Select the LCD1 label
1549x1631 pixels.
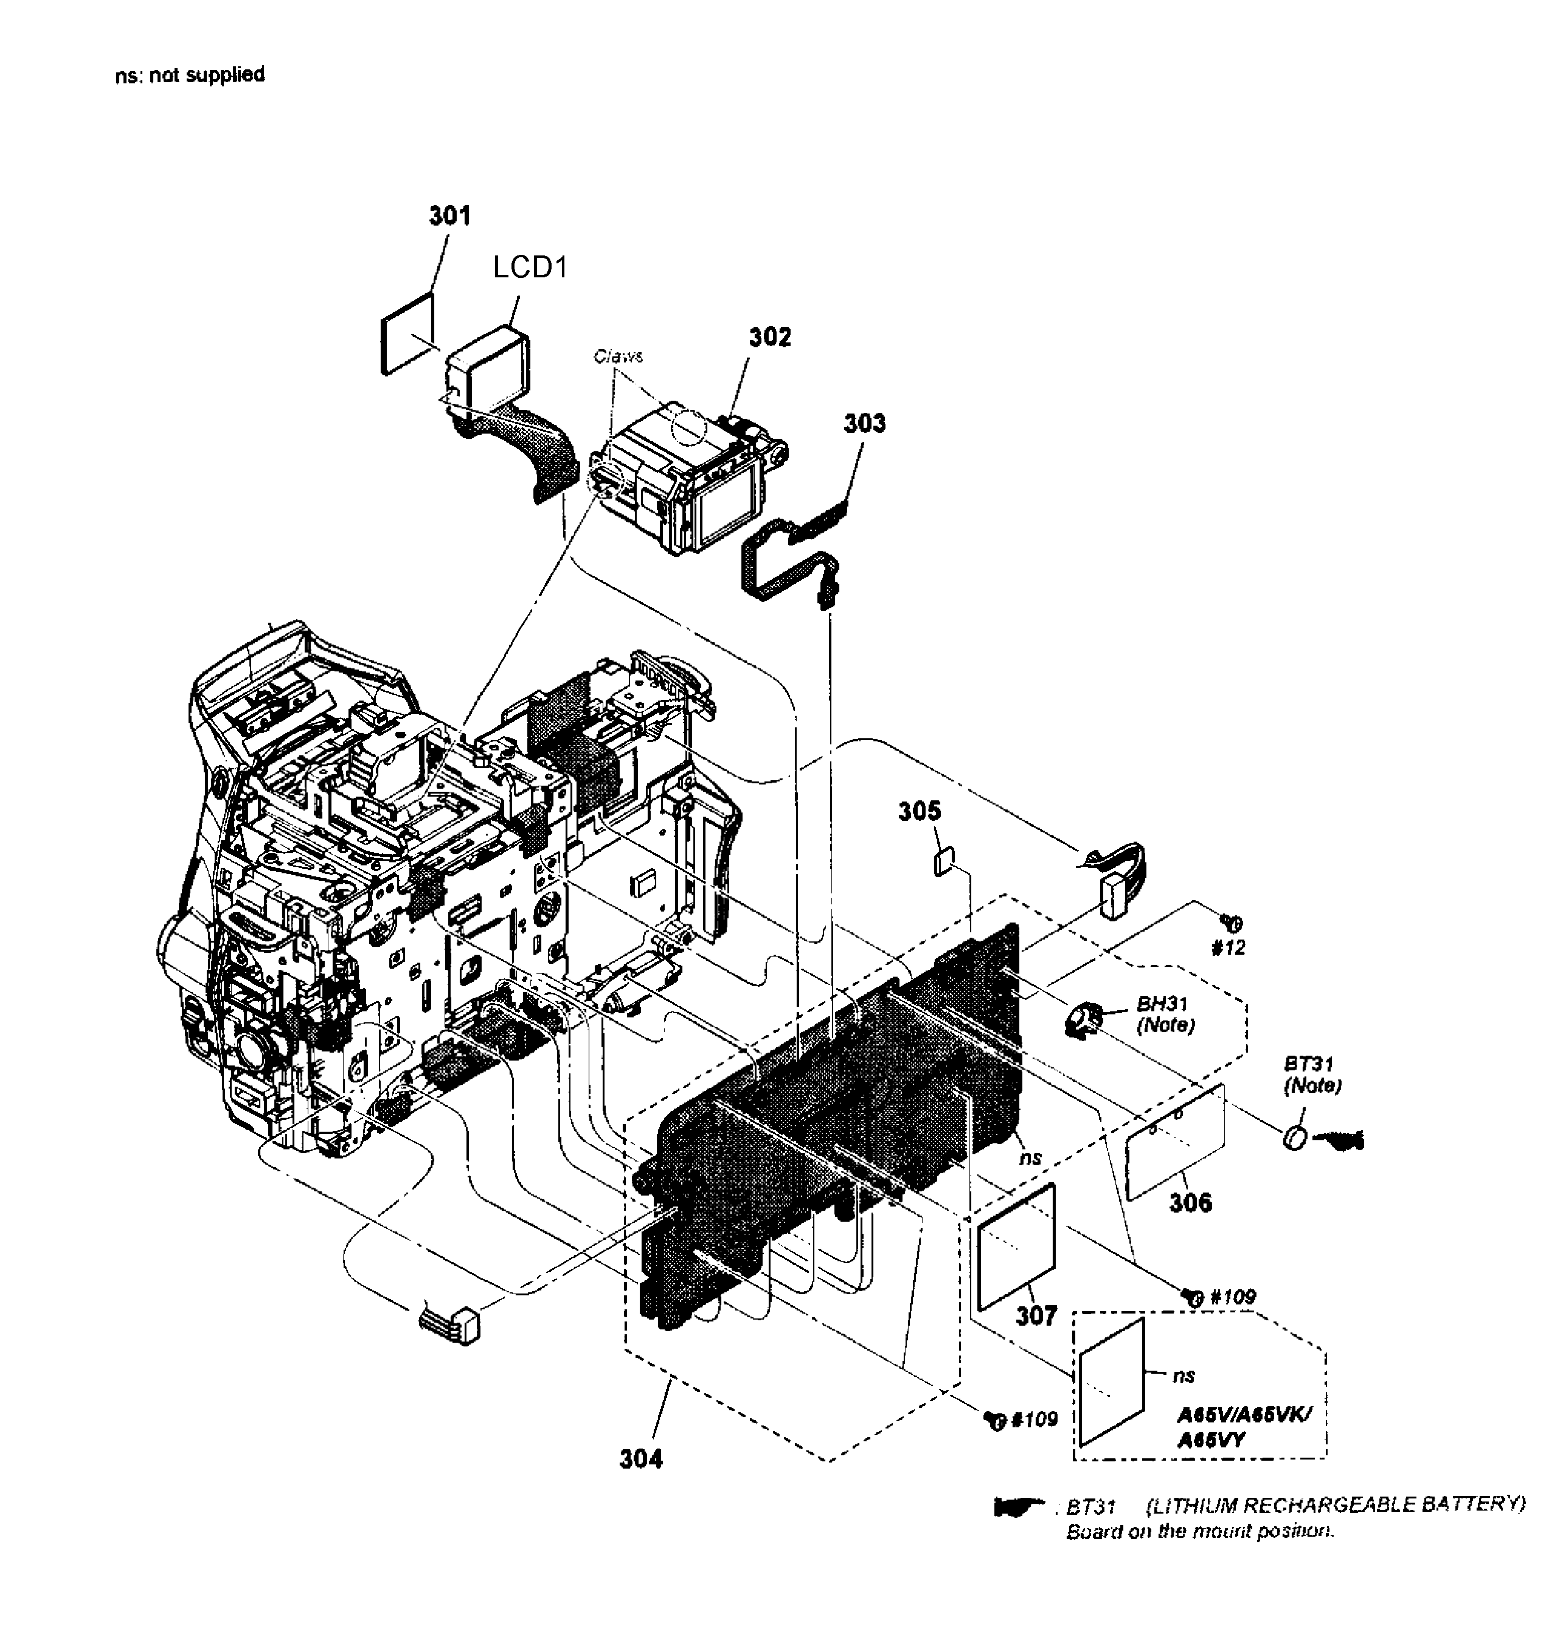coord(530,267)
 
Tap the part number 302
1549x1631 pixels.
coord(769,337)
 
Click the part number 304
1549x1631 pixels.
coord(641,1460)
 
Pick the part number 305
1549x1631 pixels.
coord(919,812)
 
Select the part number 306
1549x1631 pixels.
coord(1190,1202)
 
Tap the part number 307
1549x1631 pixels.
coord(1036,1315)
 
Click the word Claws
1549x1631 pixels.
coord(618,356)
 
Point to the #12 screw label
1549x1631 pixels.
coord(1228,948)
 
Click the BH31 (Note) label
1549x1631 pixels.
coord(1164,1015)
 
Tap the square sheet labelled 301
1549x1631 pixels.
coord(407,333)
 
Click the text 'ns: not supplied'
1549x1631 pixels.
coord(190,75)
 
